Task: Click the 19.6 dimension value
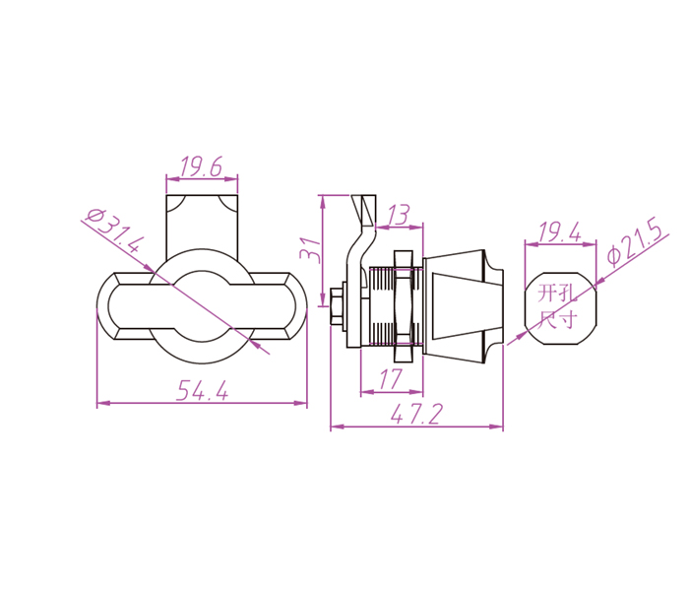(x=201, y=166)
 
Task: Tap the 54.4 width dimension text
(x=203, y=390)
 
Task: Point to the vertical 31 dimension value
(x=311, y=250)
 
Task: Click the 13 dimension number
(x=399, y=215)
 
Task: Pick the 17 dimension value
(x=391, y=379)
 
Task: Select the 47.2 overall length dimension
(x=415, y=414)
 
